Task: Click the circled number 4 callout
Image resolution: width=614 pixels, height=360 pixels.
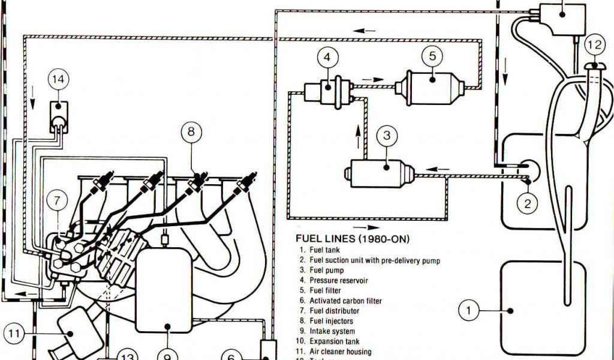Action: (x=327, y=58)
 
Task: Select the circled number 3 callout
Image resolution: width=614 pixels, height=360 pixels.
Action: (x=387, y=136)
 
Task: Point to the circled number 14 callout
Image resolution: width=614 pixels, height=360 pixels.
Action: (x=59, y=79)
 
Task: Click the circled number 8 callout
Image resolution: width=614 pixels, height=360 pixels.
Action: (x=191, y=131)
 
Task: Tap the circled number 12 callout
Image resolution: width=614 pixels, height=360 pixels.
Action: (x=594, y=44)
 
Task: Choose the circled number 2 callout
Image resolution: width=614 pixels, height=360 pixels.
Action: (x=528, y=204)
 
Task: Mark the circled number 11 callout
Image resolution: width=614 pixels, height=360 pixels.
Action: (x=15, y=332)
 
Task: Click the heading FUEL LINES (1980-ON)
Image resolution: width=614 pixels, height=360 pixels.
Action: (x=353, y=239)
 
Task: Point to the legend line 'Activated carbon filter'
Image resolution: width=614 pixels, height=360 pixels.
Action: (x=345, y=301)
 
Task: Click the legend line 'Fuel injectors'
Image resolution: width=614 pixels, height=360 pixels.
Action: (x=332, y=321)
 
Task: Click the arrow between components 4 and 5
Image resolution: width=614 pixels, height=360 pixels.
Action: (x=372, y=79)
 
